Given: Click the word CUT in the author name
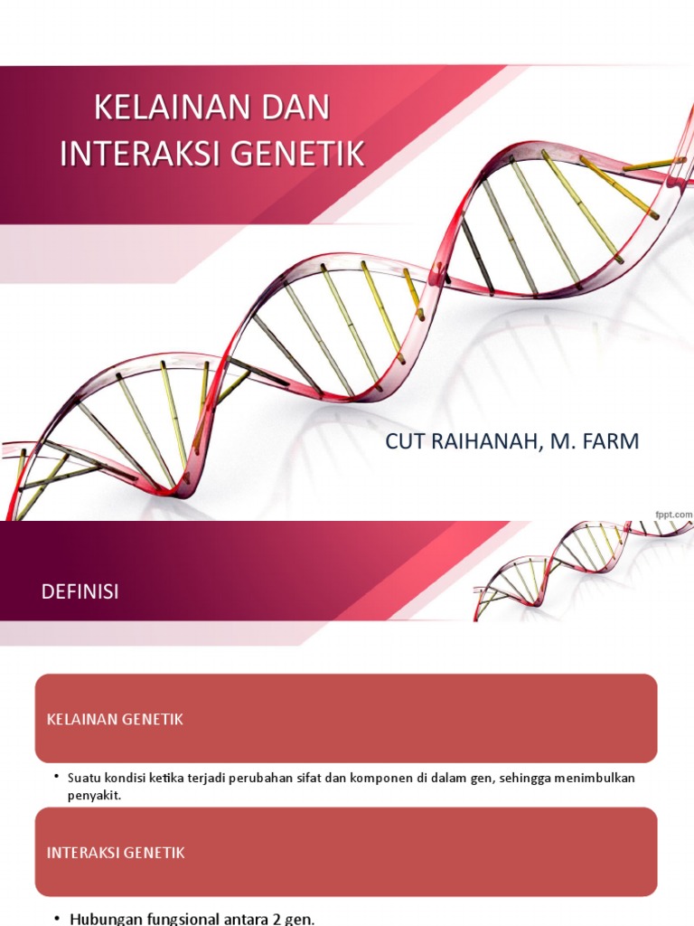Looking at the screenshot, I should point(405,441).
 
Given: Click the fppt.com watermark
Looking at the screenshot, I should point(673,514).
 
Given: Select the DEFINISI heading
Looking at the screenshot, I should point(80,591).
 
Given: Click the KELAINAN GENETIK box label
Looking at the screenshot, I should point(115,719).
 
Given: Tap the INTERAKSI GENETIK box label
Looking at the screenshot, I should point(116,852).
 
